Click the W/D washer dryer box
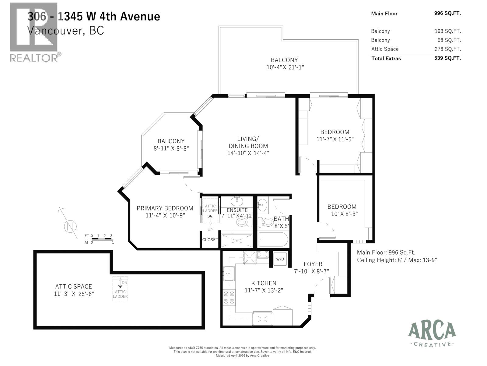[x=280, y=259]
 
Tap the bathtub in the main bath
[x=273, y=240]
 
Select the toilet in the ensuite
[x=244, y=222]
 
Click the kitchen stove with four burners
[x=229, y=298]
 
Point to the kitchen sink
[x=229, y=273]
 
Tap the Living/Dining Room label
[x=248, y=142]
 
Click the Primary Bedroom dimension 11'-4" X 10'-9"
[x=165, y=216]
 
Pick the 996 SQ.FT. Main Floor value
[x=447, y=13]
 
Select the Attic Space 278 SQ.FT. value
[x=447, y=49]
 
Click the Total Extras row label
[x=386, y=59]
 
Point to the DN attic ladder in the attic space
[x=120, y=289]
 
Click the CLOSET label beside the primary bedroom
[x=210, y=240]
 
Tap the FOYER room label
[x=313, y=264]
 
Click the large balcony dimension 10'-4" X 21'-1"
[x=285, y=67]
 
